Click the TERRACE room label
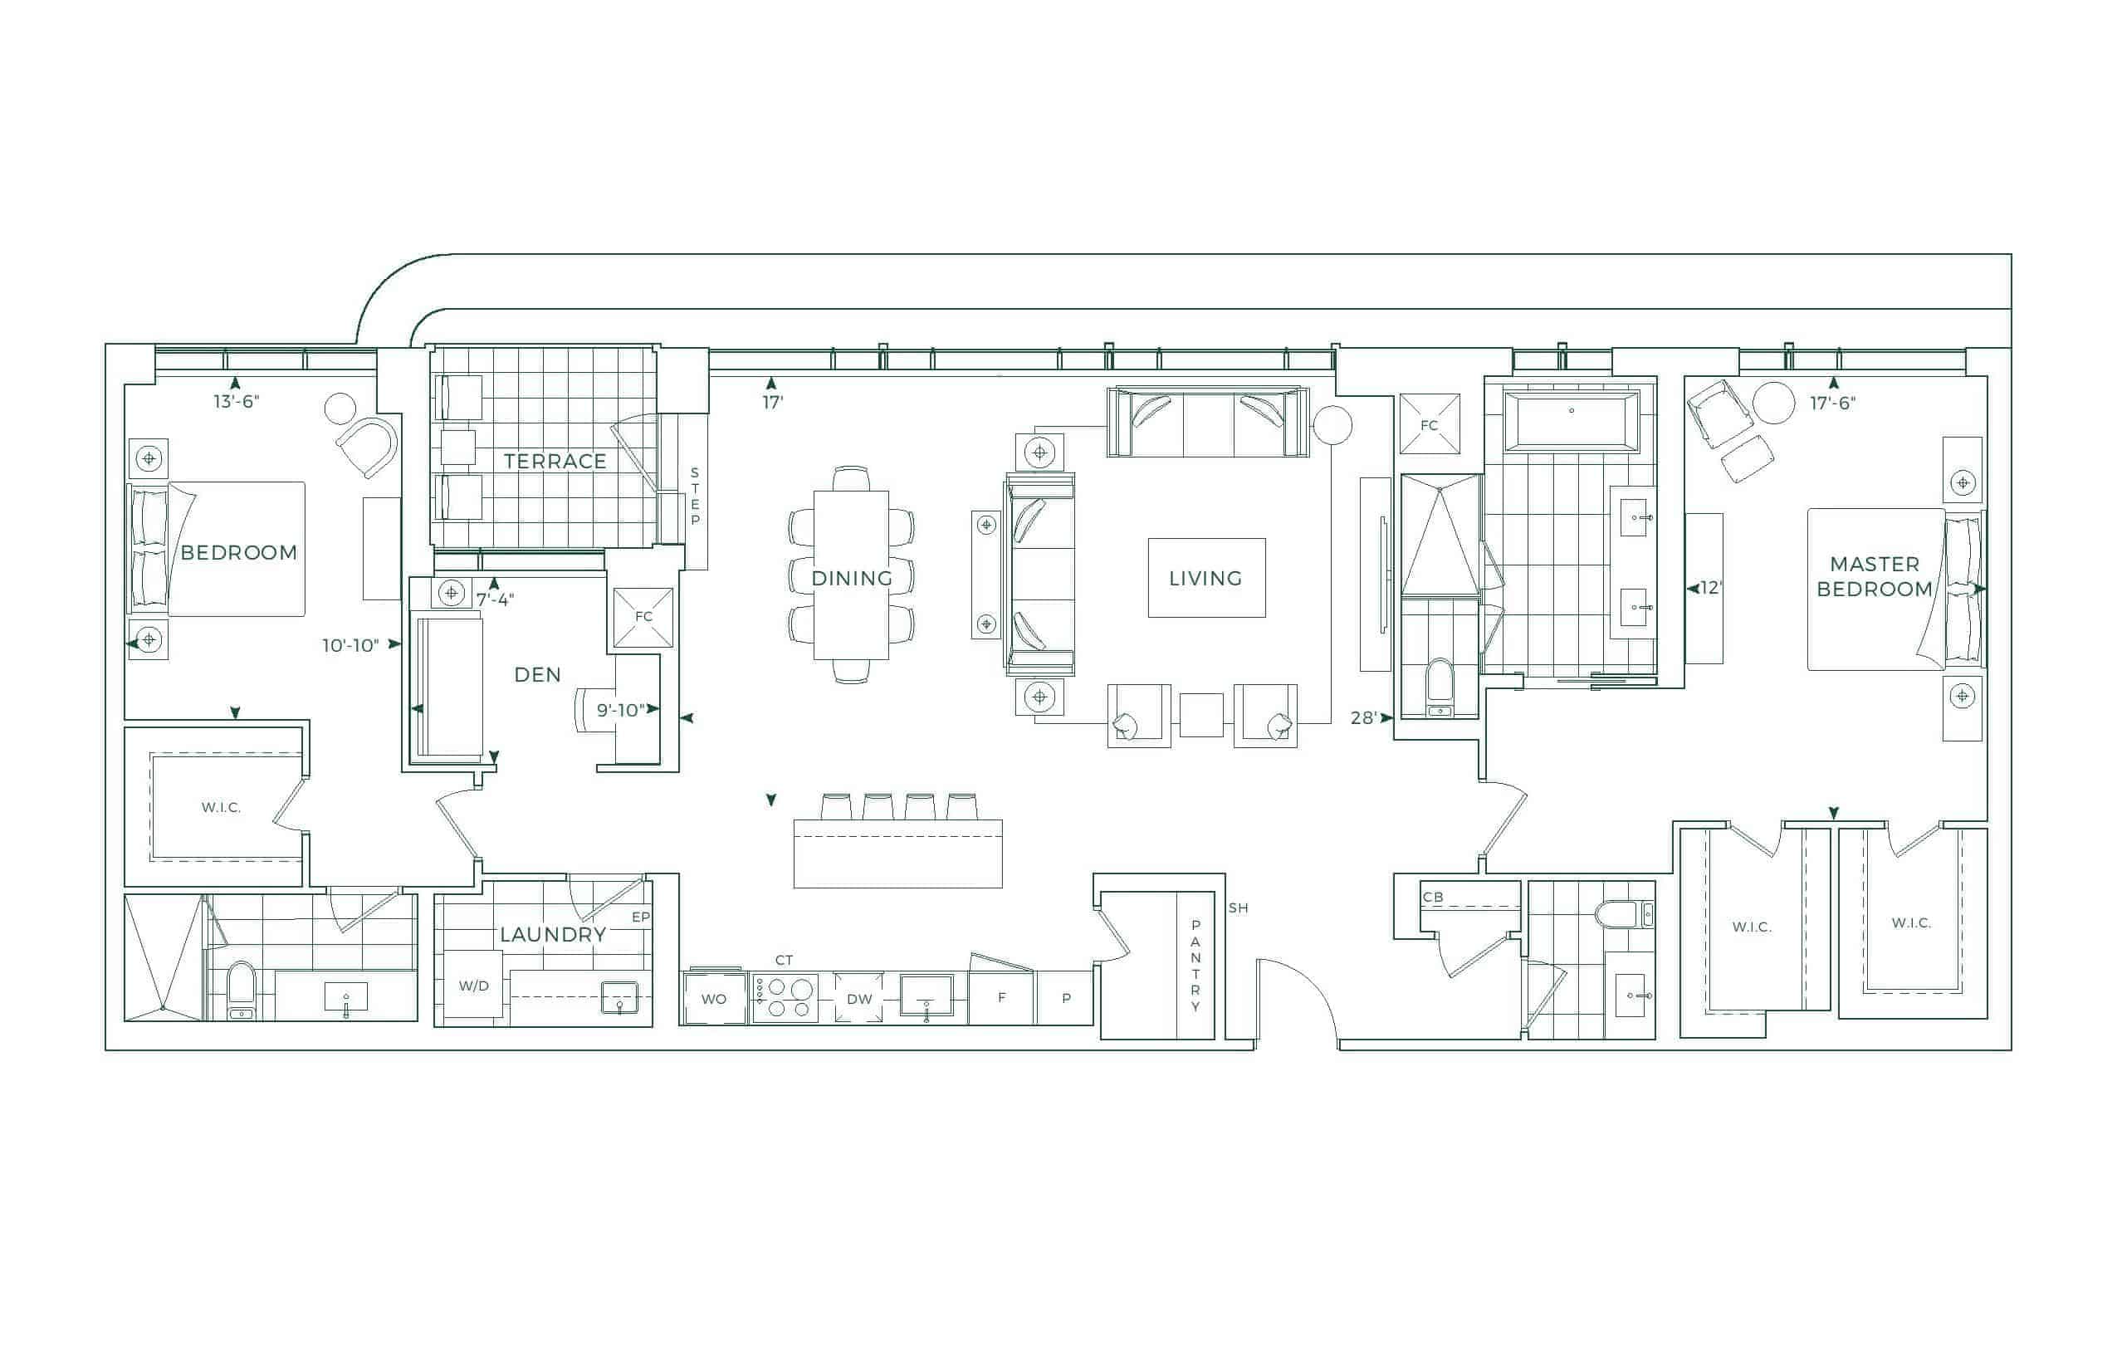tap(555, 461)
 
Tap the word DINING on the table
tap(851, 578)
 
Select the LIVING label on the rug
tap(1205, 578)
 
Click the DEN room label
tap(537, 674)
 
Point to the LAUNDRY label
tap(552, 934)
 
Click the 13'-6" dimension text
tap(236, 401)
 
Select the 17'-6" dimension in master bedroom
tap(1832, 403)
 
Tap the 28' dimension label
tap(1363, 717)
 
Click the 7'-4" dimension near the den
tap(495, 599)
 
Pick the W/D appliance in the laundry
tap(473, 986)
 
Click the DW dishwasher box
tap(858, 998)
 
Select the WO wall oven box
tap(714, 998)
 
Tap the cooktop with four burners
tap(785, 998)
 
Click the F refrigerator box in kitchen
tap(1000, 998)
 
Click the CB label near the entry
tap(1433, 897)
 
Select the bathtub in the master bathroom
tap(1572, 420)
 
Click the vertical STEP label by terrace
tap(695, 496)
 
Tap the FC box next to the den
tap(643, 616)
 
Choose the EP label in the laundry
tap(640, 917)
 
